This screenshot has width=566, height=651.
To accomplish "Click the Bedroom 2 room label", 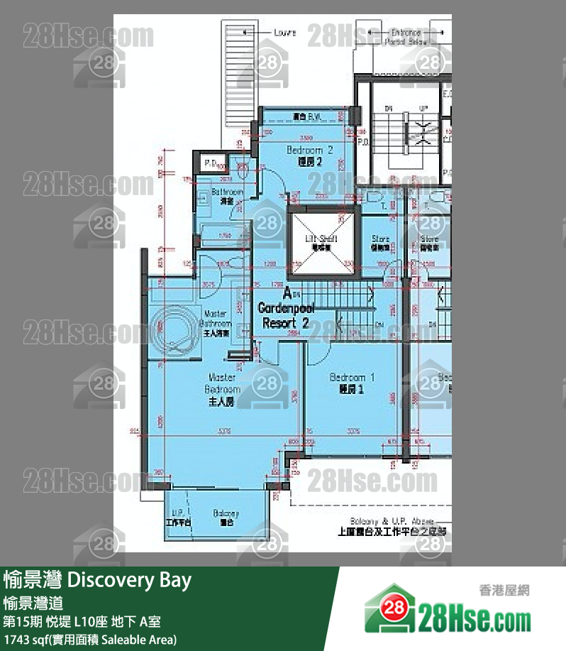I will coord(309,155).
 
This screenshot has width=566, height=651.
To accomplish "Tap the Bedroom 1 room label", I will coord(352,383).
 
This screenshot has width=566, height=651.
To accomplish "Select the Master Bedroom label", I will coord(222,389).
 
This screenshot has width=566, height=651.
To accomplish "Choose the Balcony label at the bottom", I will coord(226,518).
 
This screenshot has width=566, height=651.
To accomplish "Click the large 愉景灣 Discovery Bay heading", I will coord(97,581).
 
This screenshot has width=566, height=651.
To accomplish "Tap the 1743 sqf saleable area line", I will coord(89,640).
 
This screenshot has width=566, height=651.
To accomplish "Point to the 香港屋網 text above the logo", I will coord(505,589).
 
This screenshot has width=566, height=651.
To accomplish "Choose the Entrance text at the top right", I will coord(404,33).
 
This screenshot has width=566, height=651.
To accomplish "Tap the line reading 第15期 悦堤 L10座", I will coord(82,622).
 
